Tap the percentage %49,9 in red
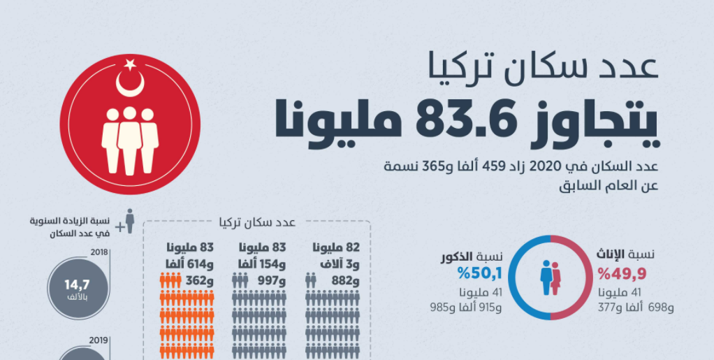[618, 272]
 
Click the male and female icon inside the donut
[551, 278]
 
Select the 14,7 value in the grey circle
[77, 285]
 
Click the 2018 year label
[101, 252]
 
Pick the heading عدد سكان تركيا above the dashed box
[256, 223]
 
